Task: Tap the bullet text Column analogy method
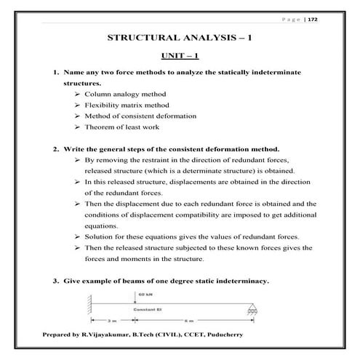click(126, 95)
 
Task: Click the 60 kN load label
click(142, 294)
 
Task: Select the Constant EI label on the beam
click(148, 311)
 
